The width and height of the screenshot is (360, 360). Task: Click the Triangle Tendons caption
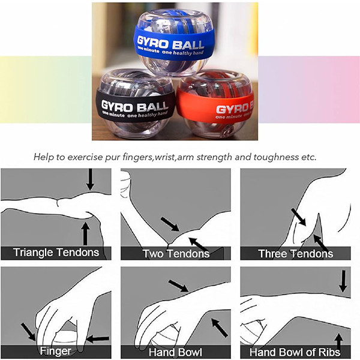point(56,252)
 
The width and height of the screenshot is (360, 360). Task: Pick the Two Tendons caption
point(176,254)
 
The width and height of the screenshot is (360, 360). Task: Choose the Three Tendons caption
point(296,254)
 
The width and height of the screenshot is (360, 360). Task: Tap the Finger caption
point(55,351)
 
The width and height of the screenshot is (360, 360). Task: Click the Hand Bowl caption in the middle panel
point(175,352)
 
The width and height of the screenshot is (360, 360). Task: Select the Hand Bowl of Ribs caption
point(295,352)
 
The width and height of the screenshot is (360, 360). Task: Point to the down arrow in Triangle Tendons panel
point(91,179)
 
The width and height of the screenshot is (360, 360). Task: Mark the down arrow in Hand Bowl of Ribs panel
point(343,281)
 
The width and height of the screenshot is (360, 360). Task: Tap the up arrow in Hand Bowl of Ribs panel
point(339,342)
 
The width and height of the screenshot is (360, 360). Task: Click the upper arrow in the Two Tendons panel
point(170,224)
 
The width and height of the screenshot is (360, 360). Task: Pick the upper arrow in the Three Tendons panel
point(299,217)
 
